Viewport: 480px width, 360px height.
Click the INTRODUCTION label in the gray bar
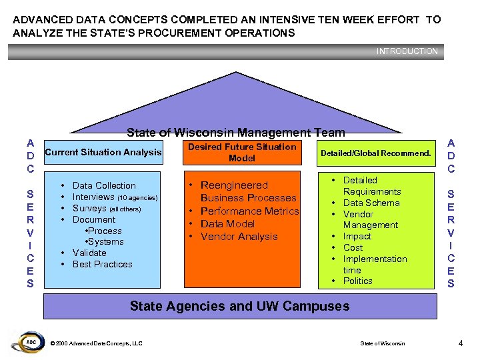(407, 51)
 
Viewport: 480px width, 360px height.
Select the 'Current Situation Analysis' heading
(103, 153)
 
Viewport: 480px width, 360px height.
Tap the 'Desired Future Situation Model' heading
(241, 153)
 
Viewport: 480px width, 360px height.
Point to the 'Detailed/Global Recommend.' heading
(376, 153)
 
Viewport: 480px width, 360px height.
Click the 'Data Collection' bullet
(103, 185)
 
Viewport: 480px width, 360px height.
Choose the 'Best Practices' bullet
(102, 264)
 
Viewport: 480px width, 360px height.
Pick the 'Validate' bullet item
(89, 253)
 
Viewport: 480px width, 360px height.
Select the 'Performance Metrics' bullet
(249, 211)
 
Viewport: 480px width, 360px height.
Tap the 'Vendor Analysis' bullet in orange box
(239, 236)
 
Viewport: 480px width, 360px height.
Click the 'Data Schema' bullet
(371, 203)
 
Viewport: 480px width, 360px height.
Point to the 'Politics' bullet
(357, 281)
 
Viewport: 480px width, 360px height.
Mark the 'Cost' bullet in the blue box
(353, 247)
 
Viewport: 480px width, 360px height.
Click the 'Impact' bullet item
(357, 236)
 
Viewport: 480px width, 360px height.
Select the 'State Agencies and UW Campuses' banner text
(239, 307)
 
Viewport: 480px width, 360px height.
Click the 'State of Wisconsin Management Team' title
(236, 133)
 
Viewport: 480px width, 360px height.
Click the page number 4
(461, 343)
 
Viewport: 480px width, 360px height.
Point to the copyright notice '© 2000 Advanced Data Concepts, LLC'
(97, 343)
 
